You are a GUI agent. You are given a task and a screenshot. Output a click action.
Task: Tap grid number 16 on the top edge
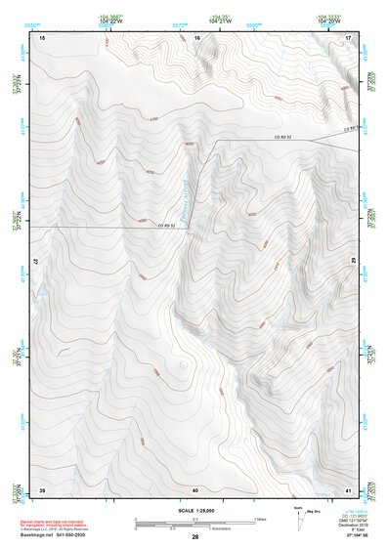click(x=196, y=37)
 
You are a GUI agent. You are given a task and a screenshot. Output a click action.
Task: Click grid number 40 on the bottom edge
click(x=195, y=488)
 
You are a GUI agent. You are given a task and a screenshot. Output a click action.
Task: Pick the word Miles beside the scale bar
click(x=258, y=519)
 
